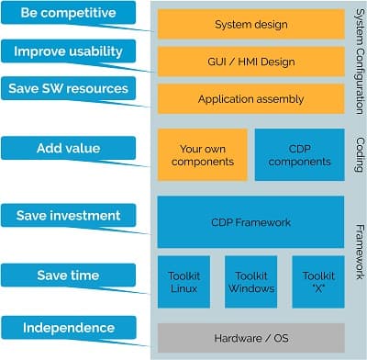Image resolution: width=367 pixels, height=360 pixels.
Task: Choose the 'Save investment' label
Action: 68,216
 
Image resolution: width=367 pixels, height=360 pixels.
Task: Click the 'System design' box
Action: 250,25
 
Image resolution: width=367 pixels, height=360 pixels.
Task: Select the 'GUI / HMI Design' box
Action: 250,62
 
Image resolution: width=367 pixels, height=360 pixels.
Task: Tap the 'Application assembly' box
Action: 250,98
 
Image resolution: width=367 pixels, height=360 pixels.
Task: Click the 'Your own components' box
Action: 203,154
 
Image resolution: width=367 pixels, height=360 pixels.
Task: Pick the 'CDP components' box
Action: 299,154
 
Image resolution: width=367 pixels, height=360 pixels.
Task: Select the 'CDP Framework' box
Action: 250,221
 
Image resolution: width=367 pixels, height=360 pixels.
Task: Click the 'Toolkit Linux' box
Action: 184,281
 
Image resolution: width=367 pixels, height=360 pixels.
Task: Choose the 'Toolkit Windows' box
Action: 250,281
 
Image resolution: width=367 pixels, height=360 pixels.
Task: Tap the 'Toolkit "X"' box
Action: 317,281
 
